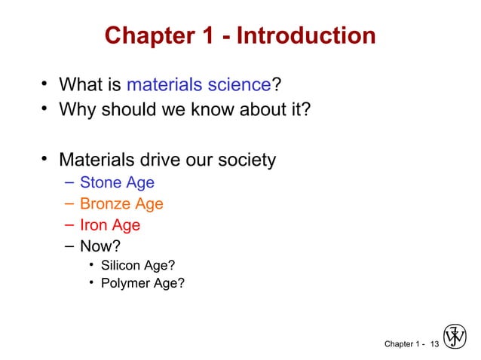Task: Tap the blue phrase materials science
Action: click(x=200, y=81)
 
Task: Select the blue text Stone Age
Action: click(x=117, y=182)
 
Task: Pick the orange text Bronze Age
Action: click(x=121, y=203)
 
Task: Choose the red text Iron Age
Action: click(x=110, y=224)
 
